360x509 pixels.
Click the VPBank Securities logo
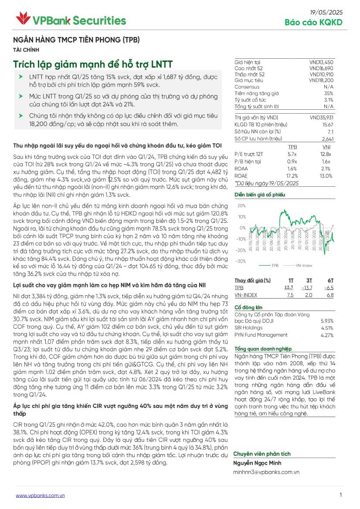click(71, 20)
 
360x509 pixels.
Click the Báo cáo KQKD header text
click(313, 23)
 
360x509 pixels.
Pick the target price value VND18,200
click(321, 81)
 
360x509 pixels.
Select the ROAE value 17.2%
click(292, 175)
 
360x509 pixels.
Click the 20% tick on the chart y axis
click(241, 206)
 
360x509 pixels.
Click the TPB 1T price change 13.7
click(289, 288)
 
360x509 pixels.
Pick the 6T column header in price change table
click(330, 280)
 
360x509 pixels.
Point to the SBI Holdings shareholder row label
click(248, 328)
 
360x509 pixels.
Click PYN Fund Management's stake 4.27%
click(327, 335)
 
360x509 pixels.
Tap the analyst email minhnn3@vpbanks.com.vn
click(266, 472)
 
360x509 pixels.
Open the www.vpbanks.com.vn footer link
click(40, 496)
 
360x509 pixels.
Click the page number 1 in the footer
click(340, 495)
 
